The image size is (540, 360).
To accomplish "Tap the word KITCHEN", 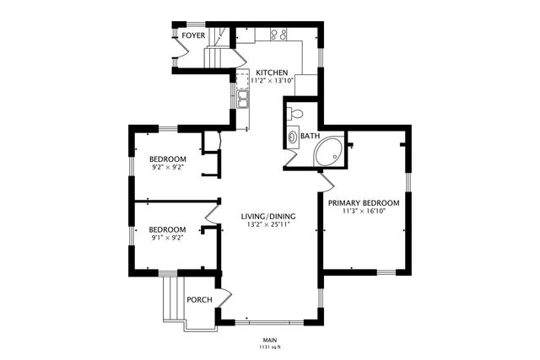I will point(272,73).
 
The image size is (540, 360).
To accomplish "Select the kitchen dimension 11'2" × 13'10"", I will point(272,82).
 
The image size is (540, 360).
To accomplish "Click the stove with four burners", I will point(279,35).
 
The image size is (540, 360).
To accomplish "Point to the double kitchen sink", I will point(242,99).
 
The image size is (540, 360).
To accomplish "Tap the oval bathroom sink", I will point(293,136).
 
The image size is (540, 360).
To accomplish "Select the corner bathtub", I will point(328,153).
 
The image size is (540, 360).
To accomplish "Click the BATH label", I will point(310,136).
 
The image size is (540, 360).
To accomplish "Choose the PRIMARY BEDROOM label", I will point(363,203).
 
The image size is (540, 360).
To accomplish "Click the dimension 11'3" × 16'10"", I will point(363,212).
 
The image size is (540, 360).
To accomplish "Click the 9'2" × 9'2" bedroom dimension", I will point(167,168).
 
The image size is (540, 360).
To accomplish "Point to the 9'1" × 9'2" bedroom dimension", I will point(167,238).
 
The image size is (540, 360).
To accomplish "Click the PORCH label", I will point(199,299).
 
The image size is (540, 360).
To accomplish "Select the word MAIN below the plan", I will point(269,340).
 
